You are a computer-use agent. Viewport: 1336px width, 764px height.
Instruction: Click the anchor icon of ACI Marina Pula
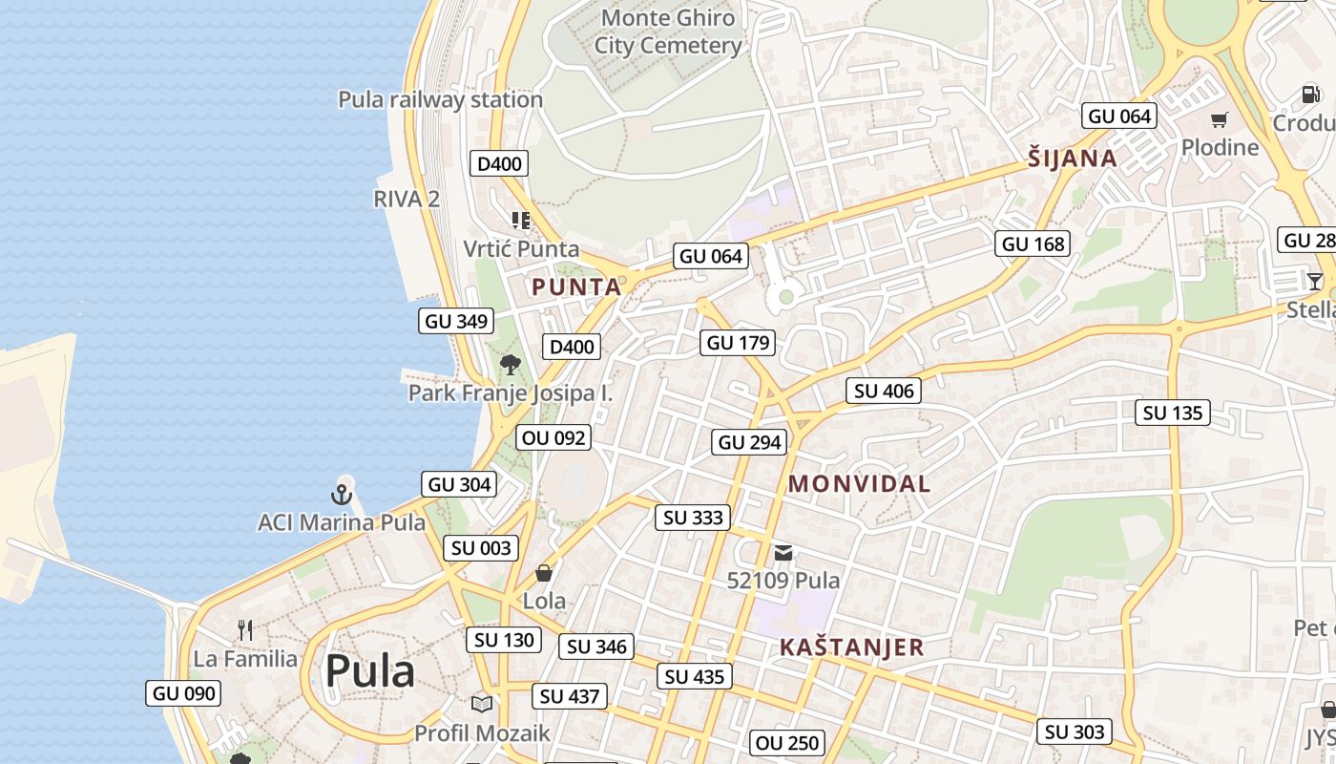point(342,494)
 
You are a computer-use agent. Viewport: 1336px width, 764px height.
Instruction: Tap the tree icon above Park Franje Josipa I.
point(511,364)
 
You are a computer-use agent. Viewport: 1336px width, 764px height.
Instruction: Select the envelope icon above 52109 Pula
point(783,552)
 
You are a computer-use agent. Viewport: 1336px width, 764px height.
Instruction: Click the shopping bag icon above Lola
point(544,573)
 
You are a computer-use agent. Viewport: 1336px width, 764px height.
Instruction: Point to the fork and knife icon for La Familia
point(245,629)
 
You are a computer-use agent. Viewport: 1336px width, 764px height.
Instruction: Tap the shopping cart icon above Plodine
point(1219,120)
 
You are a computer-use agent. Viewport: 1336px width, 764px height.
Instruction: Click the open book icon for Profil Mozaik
point(482,704)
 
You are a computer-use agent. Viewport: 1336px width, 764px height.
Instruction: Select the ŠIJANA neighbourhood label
point(1072,159)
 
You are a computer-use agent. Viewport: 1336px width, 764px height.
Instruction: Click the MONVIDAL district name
point(859,484)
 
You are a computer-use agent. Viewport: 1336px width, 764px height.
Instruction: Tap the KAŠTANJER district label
point(851,647)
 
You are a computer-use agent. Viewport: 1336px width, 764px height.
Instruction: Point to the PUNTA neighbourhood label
point(576,286)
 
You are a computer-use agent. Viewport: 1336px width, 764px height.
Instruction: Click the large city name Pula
point(369,672)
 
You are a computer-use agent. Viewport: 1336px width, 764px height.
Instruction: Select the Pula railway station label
point(440,99)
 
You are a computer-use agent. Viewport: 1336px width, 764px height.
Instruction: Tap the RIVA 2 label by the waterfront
point(407,199)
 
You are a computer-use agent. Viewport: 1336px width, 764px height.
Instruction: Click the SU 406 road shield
point(884,391)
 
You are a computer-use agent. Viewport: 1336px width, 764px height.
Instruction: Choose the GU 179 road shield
point(738,343)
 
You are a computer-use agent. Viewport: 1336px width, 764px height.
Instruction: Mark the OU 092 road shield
point(553,438)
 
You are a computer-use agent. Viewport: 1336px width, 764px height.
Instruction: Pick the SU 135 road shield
point(1173,414)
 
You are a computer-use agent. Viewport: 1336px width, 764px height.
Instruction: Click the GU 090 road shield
point(184,694)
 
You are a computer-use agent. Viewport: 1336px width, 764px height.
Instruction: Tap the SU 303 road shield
point(1075,732)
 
